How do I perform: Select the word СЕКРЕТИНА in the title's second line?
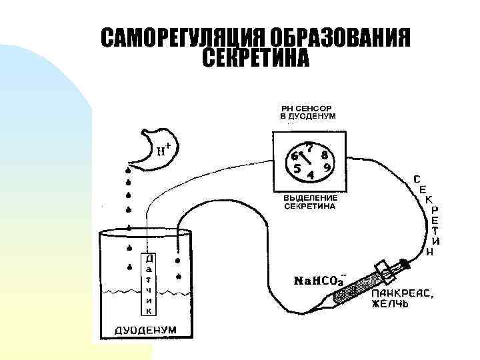(x=255, y=59)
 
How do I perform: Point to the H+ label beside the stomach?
(x=165, y=151)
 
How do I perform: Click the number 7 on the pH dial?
(x=311, y=146)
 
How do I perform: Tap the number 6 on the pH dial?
(x=294, y=156)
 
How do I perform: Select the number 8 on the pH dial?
(x=324, y=153)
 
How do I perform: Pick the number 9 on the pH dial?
(x=327, y=167)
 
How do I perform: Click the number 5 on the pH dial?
(x=297, y=169)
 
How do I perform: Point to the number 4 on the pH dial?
(x=311, y=176)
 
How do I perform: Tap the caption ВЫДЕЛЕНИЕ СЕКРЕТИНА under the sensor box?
(x=310, y=202)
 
